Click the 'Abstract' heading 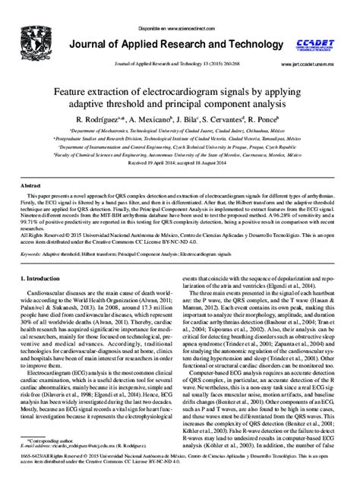[30, 185]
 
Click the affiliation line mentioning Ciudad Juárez [180, 131]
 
